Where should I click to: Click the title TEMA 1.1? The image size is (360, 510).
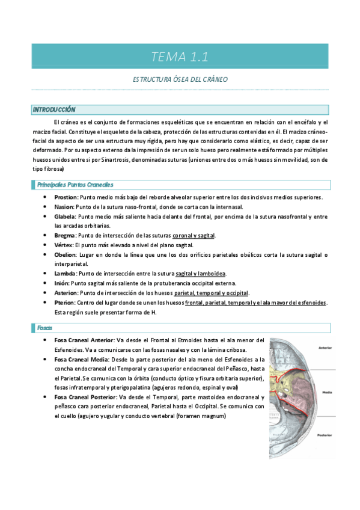[180, 58]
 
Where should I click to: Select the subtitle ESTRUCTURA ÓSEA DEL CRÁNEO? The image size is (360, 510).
[180, 79]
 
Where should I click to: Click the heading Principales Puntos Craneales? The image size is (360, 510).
[75, 185]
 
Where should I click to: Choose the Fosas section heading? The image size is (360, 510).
[44, 328]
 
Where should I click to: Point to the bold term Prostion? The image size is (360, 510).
[65, 197]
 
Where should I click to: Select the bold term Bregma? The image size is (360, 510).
[64, 235]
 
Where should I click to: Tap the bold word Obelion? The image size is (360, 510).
[65, 254]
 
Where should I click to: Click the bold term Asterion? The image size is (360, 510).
[66, 293]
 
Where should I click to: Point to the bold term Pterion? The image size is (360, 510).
[65, 303]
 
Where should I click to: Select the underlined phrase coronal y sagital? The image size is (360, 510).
[194, 235]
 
